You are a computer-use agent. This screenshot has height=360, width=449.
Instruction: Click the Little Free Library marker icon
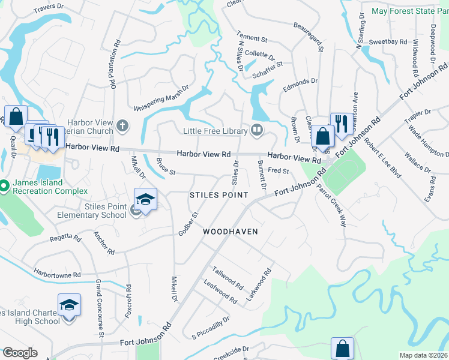[x=256, y=130]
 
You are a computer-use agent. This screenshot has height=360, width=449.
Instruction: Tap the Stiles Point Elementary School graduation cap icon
[x=145, y=199]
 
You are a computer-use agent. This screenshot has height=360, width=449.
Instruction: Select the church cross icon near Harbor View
[x=122, y=126]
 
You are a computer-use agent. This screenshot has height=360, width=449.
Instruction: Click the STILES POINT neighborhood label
[x=219, y=196]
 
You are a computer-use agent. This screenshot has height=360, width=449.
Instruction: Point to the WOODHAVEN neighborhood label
[x=231, y=232]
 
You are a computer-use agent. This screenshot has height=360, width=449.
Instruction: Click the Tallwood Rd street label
[x=227, y=277]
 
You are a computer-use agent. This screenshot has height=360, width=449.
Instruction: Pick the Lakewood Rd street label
[x=259, y=284]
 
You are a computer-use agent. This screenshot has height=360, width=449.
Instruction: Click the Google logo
[x=19, y=353]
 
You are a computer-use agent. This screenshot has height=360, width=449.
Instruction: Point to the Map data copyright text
[x=423, y=355]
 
